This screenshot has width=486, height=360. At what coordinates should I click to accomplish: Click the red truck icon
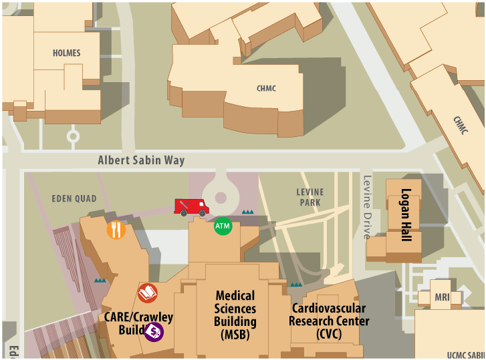[191, 207]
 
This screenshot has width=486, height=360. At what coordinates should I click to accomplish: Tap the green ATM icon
[223, 226]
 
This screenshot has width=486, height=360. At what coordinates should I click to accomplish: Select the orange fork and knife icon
[116, 230]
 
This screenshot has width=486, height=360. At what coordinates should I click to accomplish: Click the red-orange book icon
[148, 293]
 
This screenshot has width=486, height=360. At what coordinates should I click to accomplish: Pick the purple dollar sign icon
[154, 331]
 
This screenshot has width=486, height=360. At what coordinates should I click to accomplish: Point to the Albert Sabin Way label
[141, 160]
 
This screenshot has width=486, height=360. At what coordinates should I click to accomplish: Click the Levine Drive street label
[367, 207]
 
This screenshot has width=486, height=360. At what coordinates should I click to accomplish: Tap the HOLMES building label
[66, 53]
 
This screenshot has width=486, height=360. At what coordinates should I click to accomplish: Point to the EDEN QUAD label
[74, 198]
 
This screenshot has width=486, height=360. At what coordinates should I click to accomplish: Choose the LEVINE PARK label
[310, 198]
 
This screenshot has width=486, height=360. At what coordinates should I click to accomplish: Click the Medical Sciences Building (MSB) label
[235, 315]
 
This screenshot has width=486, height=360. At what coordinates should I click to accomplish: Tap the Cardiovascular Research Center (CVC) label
[329, 321]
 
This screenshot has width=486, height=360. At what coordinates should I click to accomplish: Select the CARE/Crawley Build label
[138, 323]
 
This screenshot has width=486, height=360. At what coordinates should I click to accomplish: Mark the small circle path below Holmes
[73, 136]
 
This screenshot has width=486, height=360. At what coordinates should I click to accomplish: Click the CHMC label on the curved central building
[266, 88]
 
